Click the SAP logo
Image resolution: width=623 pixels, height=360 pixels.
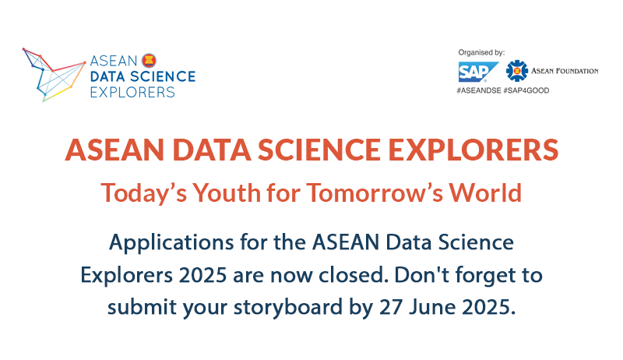click(x=478, y=72)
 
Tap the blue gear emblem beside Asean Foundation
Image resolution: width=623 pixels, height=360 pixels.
click(x=516, y=71)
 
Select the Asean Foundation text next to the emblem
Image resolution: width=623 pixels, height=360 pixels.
click(x=565, y=71)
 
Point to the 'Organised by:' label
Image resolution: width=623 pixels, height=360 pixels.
click(x=481, y=52)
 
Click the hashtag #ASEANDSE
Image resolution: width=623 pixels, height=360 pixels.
click(x=479, y=90)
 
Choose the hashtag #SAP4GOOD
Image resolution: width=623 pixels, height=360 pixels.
click(x=526, y=90)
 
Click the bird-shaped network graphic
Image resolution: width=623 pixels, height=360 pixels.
click(x=54, y=75)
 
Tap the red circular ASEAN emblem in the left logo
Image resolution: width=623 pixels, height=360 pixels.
click(x=149, y=61)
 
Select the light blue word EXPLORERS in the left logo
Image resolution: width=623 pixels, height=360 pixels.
click(x=132, y=92)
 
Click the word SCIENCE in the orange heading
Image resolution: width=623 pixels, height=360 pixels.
click(x=319, y=150)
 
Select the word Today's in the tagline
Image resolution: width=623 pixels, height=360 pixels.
click(x=143, y=192)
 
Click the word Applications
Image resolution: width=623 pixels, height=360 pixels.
click(x=171, y=243)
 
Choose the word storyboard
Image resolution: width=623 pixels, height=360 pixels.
click(x=287, y=307)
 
